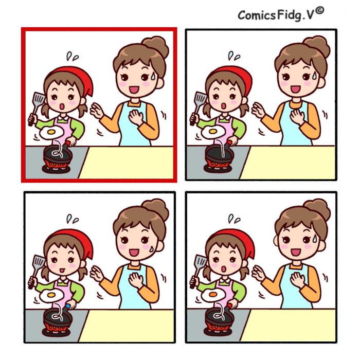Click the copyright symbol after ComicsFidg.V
click(x=319, y=11)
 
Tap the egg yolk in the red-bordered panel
click(x=51, y=132)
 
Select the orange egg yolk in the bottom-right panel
click(x=213, y=294)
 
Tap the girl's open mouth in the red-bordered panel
click(x=62, y=106)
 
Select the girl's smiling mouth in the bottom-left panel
click(x=62, y=270)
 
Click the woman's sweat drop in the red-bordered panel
click(x=153, y=76)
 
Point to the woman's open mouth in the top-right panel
click(x=296, y=89)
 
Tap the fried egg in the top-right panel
click(x=213, y=132)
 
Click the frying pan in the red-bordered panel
click(x=58, y=154)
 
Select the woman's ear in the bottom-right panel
click(x=276, y=241)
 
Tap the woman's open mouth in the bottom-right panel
click(x=296, y=252)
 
